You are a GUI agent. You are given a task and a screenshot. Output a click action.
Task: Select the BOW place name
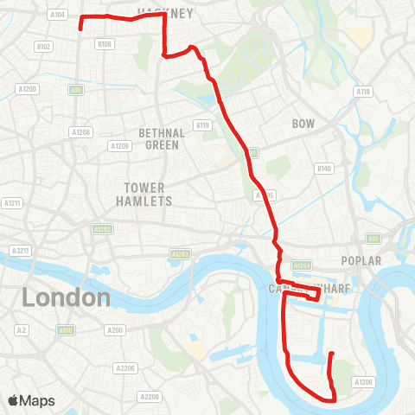coord(303,124)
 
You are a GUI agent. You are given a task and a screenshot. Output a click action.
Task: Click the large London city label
coord(67,298)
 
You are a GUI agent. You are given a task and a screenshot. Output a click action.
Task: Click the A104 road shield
coord(58,15)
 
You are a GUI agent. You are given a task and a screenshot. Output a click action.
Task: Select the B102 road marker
coord(43,47)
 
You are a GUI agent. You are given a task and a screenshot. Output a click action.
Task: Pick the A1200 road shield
coord(28,89)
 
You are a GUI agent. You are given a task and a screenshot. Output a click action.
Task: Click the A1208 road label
coord(81,131)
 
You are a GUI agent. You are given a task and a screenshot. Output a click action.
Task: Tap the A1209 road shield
coord(119,146)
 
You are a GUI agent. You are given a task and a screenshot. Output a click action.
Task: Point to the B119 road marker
coord(203,125)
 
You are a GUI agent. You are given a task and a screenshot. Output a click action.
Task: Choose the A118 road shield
coord(363,92)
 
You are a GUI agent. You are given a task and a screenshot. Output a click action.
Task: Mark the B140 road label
coord(324,168)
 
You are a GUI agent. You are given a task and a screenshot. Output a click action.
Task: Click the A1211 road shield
coord(12,203)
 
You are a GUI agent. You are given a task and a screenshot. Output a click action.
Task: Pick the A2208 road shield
coord(150,397)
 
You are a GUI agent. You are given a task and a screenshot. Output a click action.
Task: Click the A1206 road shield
coord(363,381)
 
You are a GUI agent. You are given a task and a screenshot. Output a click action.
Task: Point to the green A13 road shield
coord(373,238)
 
